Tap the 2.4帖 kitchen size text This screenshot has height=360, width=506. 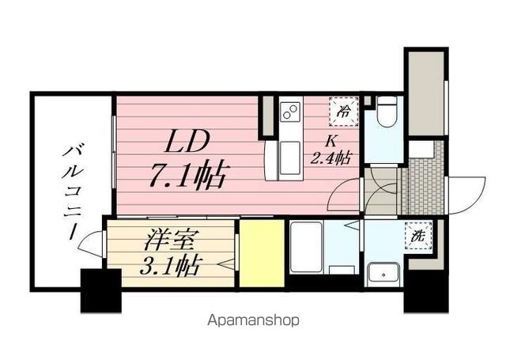331,157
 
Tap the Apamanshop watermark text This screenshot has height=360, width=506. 252,321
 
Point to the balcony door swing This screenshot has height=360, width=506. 95,241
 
